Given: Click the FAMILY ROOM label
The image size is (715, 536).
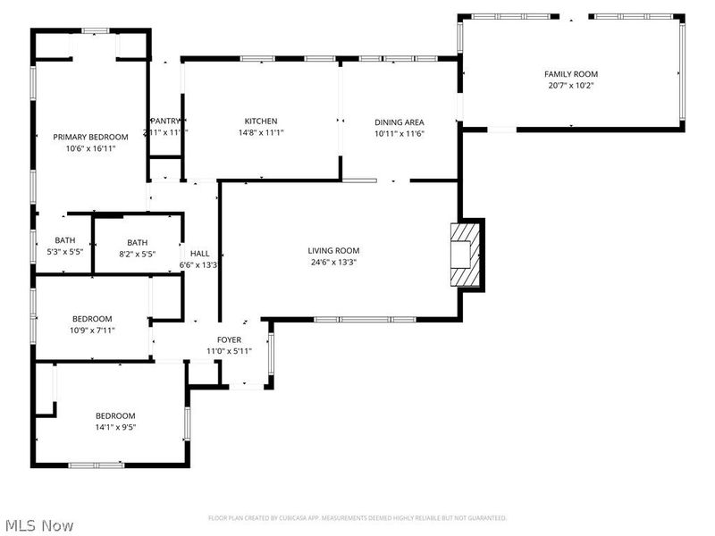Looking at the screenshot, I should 571,74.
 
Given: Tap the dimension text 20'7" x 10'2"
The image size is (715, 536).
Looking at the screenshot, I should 571,86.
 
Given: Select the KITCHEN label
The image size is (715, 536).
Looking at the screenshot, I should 261,121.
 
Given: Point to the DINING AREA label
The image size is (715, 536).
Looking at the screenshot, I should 399,122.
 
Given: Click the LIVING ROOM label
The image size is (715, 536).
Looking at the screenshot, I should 333,251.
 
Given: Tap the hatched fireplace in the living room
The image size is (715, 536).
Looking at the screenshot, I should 464,254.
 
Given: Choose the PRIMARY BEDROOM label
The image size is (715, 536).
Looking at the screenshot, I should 90,137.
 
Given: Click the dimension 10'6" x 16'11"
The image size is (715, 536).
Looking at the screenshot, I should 90,148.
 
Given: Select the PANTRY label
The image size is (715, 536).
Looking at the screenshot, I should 166,121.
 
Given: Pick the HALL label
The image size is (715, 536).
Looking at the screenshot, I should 199,254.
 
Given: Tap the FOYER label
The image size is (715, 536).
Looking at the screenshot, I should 229,340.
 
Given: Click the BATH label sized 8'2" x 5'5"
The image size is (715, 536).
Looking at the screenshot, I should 137,242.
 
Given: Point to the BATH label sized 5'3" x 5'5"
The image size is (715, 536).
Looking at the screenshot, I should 65,240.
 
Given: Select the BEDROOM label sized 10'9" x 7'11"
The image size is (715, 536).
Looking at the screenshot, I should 92,319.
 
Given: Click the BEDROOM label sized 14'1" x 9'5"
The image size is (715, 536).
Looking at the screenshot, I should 115,415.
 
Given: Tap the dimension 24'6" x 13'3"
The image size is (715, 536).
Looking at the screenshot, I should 333,263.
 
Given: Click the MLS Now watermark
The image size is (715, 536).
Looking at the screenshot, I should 38,526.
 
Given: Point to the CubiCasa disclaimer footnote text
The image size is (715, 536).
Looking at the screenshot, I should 357,518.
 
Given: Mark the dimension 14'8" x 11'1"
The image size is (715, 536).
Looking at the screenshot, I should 261,133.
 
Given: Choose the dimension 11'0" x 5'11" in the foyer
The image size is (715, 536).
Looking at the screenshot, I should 229,351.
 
